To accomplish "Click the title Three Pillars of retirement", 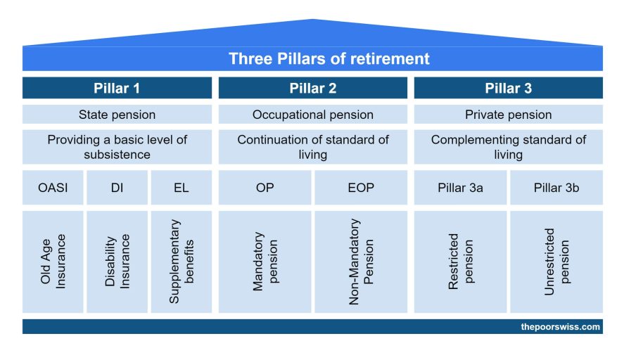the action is pyautogui.click(x=329, y=58).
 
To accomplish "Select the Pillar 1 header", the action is pyautogui.click(x=117, y=88).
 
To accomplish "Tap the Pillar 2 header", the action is pyautogui.click(x=313, y=88).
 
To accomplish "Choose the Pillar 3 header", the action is pyautogui.click(x=508, y=88).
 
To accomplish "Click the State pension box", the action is pyautogui.click(x=117, y=115).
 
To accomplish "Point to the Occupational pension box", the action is pyautogui.click(x=313, y=115).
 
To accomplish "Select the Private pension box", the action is pyautogui.click(x=508, y=115).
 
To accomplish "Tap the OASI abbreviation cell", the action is pyautogui.click(x=53, y=187).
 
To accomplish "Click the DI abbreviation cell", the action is pyautogui.click(x=117, y=187).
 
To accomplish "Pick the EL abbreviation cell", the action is pyautogui.click(x=181, y=187).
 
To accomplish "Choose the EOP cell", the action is pyautogui.click(x=361, y=187).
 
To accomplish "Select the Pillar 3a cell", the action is pyautogui.click(x=461, y=187).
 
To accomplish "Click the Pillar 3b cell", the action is pyautogui.click(x=556, y=187).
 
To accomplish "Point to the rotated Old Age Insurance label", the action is pyautogui.click(x=53, y=262).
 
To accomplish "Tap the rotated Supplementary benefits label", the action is pyautogui.click(x=181, y=262).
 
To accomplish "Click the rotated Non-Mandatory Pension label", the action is pyautogui.click(x=361, y=262).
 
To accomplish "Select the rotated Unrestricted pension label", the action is pyautogui.click(x=556, y=262).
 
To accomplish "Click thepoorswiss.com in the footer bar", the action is pyautogui.click(x=560, y=326).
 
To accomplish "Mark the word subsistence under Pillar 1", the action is pyautogui.click(x=117, y=155).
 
